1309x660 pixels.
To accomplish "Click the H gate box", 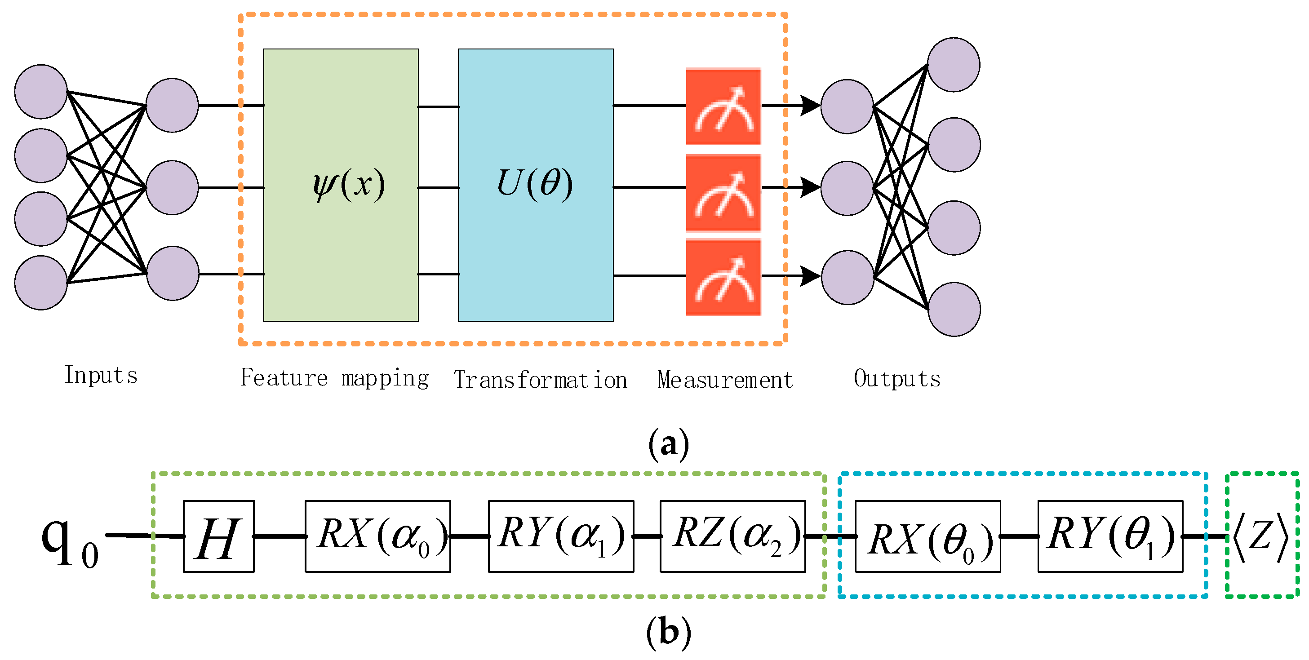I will coord(218,536).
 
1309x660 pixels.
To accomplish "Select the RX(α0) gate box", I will coord(377,536).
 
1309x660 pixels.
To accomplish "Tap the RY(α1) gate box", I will coord(561,536).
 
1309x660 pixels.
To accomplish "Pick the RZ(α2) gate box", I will coord(732,536).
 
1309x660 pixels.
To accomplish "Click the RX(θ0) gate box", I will coord(928,536).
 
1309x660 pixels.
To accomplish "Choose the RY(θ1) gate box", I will coord(1110,536).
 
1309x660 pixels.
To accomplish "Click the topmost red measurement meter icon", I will coord(723,106).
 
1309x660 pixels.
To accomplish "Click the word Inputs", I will coord(101,376).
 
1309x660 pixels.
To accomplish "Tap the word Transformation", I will coord(540,380).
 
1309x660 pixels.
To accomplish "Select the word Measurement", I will coord(725,380).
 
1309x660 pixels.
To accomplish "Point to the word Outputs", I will coord(897,378).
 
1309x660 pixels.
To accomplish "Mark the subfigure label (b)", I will coord(669,632).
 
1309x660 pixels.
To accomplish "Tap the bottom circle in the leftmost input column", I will coord(40,283).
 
